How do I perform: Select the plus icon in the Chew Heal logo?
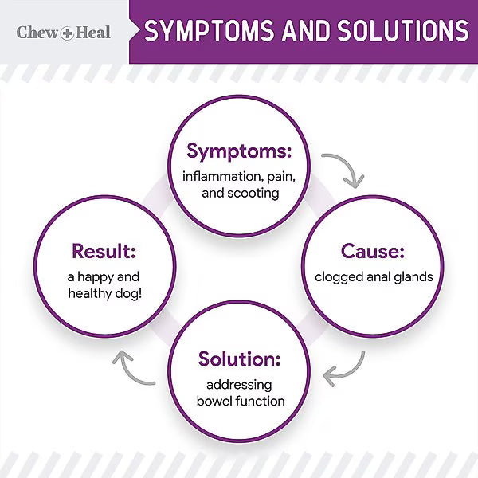coord(68,33)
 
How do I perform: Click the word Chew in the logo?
coord(37,33)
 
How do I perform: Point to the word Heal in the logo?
coord(93,33)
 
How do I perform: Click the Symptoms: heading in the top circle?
coord(239,151)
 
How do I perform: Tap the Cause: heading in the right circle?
coord(373,252)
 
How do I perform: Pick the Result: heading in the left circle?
coord(104,252)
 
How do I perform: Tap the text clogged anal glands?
coord(373,277)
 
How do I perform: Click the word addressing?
coord(240,384)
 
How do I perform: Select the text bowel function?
coord(240,401)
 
